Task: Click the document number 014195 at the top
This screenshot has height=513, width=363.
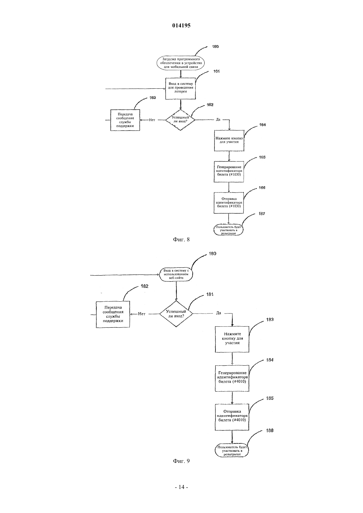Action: pos(181,26)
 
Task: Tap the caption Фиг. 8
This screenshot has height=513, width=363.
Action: pos(181,240)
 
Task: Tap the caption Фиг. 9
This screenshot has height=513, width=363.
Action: pos(181,461)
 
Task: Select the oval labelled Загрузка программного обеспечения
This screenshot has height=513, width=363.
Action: pos(181,63)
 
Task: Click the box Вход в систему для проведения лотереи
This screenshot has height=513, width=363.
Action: pos(181,88)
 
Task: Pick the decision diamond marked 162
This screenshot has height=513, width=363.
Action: pos(181,119)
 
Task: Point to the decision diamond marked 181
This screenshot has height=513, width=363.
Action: pos(176,314)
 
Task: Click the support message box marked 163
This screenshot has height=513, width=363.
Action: pos(125,120)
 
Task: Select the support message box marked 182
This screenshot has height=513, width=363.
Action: pos(113,314)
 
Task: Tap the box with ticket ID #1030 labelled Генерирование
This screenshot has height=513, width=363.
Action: pos(229,171)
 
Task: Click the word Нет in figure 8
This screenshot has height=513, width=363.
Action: pos(152,120)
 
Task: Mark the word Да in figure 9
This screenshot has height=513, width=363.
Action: pos(218,313)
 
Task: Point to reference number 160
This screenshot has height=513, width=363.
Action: pos(215,47)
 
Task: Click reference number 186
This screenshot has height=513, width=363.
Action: pos(270,431)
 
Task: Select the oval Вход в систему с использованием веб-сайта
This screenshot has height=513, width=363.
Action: pos(176,274)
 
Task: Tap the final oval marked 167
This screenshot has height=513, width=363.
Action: pos(228,230)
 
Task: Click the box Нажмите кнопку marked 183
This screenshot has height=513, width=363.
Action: pos(232,339)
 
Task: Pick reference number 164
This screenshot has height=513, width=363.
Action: pos(262,125)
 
